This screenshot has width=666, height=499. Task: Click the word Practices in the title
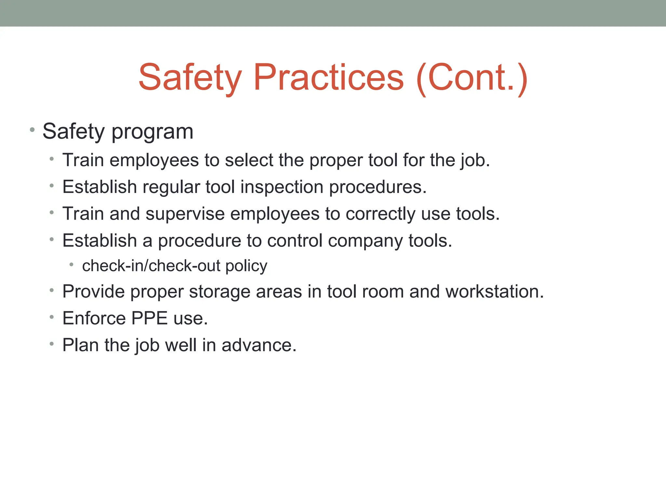point(328,78)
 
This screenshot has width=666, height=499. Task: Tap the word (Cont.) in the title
point(472,78)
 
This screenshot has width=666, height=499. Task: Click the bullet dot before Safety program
point(32,130)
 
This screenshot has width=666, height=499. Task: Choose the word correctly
point(380,214)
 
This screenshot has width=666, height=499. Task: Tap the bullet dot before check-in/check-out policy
point(71,265)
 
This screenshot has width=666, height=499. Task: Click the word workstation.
point(494,291)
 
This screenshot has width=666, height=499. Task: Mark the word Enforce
point(94,318)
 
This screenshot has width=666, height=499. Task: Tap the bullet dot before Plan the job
point(51,343)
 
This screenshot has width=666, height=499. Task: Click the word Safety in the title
point(190,78)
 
